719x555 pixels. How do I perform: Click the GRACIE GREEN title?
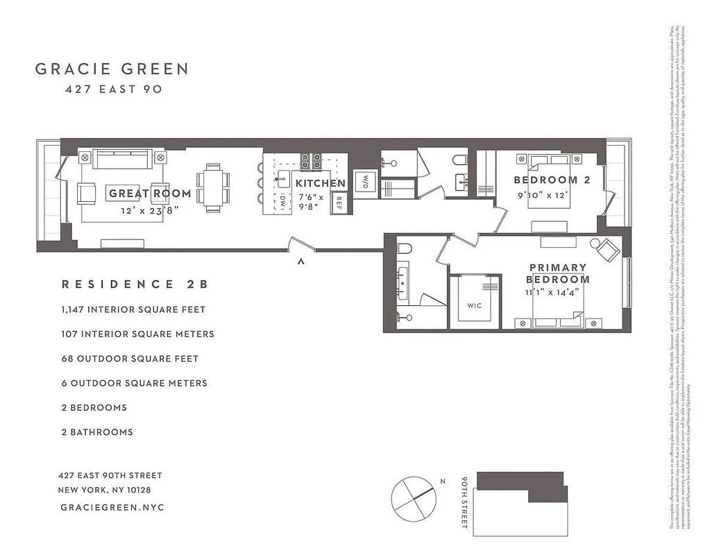pos(112,69)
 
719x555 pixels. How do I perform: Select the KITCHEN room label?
pos(321,184)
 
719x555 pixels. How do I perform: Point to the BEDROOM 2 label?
pos(552,180)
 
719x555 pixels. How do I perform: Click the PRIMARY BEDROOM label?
pos(558,273)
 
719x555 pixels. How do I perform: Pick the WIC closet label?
pos(475,305)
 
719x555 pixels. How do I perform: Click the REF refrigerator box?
pos(339,203)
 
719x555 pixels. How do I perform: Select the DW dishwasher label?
pos(283,202)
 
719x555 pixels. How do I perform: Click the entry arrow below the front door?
pos(301,262)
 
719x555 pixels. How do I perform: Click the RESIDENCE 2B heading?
pos(135,284)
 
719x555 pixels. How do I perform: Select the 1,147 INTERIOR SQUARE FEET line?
pos(133,309)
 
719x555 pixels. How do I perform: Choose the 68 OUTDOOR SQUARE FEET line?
pos(130,359)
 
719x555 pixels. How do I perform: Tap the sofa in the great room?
pos(123,159)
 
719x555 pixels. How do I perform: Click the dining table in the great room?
pos(212,185)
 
